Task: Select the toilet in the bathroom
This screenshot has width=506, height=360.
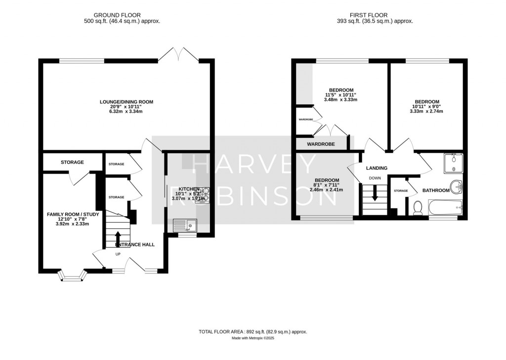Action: coord(417,208)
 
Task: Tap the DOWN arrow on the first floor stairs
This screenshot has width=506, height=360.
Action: coord(374,193)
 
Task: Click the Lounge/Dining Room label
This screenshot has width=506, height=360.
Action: coord(126,102)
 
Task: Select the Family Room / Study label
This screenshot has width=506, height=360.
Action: coord(73,214)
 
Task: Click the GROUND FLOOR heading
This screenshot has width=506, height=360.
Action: coord(122,15)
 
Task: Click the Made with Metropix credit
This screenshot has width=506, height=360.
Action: coord(253,339)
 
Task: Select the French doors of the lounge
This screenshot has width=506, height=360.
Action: coord(178,54)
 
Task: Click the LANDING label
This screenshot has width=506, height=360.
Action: coord(377,168)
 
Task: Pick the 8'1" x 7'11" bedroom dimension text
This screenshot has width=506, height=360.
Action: coord(327,185)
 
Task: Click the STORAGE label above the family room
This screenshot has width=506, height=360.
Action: coord(72,162)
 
